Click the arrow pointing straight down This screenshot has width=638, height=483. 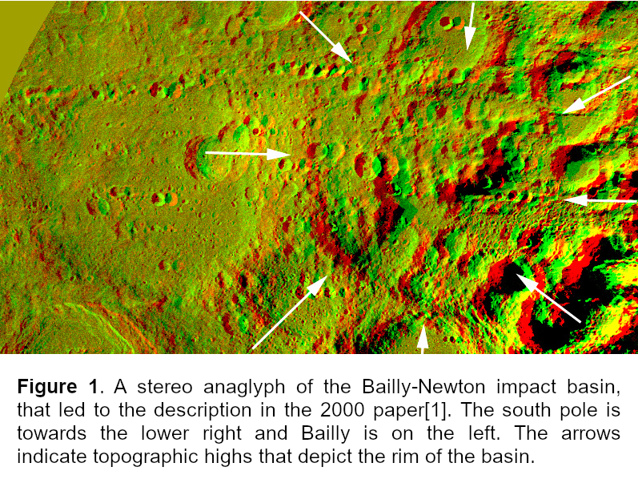pos(471,26)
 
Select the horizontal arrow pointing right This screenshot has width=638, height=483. pos(247,154)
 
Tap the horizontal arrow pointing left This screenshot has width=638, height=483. pos(600,200)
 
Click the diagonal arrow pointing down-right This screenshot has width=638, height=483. pos(326,37)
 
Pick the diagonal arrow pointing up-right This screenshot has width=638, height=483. pos(290,312)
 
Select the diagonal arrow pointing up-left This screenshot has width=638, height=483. pos(548,298)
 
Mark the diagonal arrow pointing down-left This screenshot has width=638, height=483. pos(596,95)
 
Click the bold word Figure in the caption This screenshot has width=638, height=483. pos(47,387)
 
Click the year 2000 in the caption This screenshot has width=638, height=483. pos(342,410)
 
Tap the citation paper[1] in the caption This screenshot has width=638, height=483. pos(410,411)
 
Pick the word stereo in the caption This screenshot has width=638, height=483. pos(165,387)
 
